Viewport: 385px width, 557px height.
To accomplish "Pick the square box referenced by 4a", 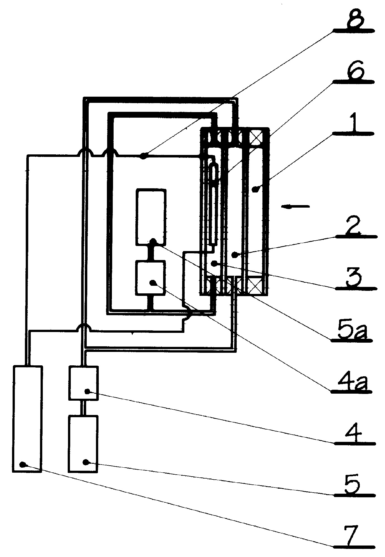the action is tap(151, 278).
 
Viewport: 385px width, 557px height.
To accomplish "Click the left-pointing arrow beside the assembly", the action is tap(295, 207).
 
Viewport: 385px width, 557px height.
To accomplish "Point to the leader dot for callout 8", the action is tap(143, 156).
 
